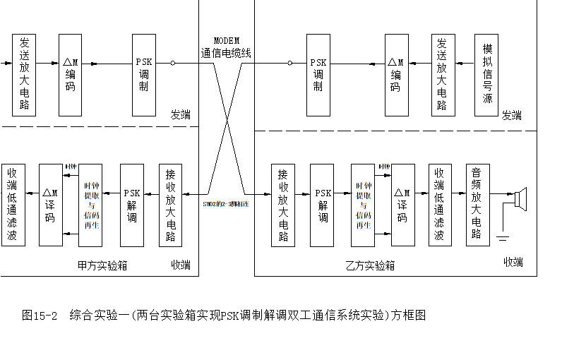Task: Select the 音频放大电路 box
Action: pyautogui.click(x=477, y=205)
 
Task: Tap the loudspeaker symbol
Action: pyautogui.click(x=521, y=199)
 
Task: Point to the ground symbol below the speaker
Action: pyautogui.click(x=502, y=238)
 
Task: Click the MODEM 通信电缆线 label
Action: pyautogui.click(x=226, y=47)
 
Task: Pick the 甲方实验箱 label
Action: pyautogui.click(x=102, y=265)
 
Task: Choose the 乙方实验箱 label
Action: pyautogui.click(x=371, y=265)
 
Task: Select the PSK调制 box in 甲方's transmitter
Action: pyautogui.click(x=144, y=74)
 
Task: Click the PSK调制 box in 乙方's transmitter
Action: pyautogui.click(x=318, y=74)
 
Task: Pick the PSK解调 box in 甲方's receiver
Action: pyautogui.click(x=132, y=205)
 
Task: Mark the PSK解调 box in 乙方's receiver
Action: pyautogui.click(x=322, y=205)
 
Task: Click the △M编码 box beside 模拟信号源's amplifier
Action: pyautogui.click(x=396, y=74)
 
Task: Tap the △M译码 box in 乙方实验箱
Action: pyautogui.click(x=402, y=205)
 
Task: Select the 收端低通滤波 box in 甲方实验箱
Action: pyautogui.click(x=13, y=205)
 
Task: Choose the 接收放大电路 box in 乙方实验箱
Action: pyautogui.click(x=283, y=205)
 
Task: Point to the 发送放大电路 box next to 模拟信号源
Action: pyautogui.click(x=443, y=74)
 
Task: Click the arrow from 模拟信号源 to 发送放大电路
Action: pyautogui.click(x=465, y=63)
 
